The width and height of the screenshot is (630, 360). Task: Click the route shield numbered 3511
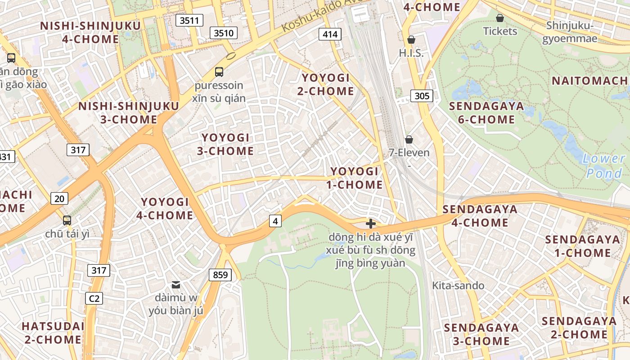click(189, 20)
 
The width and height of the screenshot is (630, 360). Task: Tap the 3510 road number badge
click(224, 33)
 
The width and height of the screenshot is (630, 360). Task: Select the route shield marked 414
click(330, 34)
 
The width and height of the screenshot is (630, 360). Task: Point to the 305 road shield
click(422, 95)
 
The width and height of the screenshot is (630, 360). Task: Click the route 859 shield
click(220, 274)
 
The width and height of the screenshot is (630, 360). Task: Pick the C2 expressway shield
click(94, 298)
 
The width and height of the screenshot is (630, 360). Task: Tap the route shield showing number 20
click(59, 198)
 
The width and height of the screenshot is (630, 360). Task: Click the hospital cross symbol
click(371, 224)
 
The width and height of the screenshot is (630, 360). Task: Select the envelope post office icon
click(176, 284)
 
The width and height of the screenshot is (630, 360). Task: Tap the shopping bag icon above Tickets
click(499, 18)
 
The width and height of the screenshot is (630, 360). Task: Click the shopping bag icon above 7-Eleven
click(409, 139)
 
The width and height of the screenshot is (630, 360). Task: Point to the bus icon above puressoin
click(219, 72)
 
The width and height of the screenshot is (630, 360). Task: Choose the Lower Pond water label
click(603, 166)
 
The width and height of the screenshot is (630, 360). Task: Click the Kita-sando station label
click(458, 285)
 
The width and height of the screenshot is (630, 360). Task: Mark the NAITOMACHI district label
click(589, 81)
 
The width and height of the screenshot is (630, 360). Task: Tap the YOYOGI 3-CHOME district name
click(225, 144)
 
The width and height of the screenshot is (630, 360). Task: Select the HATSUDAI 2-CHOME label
click(53, 333)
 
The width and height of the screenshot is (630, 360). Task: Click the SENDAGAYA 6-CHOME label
click(486, 112)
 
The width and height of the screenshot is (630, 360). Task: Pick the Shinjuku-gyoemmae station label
click(570, 32)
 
